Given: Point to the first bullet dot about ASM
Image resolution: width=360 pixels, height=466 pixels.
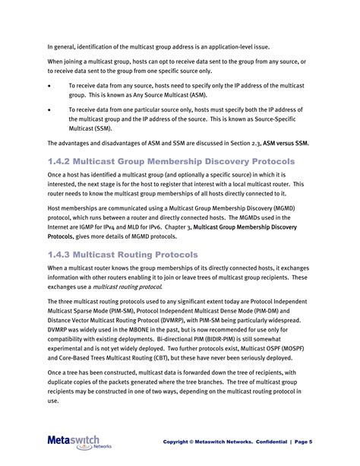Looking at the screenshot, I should tap(50, 86).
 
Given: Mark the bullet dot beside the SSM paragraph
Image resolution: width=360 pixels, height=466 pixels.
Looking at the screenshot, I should tap(50, 109).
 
